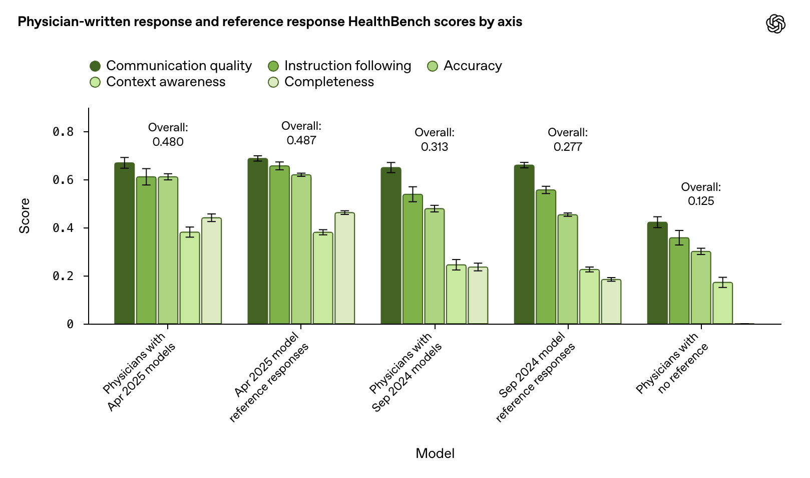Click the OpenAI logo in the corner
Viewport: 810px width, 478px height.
pos(775,24)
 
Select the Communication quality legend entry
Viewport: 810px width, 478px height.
pos(171,66)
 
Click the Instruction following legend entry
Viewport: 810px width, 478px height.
pos(340,66)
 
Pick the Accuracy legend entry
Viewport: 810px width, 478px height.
pos(465,66)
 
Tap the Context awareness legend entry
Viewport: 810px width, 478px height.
pos(158,82)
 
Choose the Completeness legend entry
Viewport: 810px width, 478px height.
pos(321,82)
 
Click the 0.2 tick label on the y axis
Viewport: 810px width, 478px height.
pos(63,276)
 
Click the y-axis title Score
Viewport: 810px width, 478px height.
pos(25,216)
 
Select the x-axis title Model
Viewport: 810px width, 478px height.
pos(435,453)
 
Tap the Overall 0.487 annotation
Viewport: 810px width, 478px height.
pos(301,133)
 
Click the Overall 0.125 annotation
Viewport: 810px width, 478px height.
pos(701,194)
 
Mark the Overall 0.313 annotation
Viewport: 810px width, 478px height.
pos(435,140)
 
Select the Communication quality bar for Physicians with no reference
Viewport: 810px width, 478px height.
pos(657,273)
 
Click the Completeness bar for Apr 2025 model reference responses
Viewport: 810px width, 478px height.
pos(345,269)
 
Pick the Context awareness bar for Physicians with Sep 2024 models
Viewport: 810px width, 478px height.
pos(456,295)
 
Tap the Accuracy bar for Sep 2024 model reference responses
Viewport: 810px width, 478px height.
pos(568,270)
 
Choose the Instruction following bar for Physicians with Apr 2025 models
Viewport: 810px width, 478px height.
pos(146,251)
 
